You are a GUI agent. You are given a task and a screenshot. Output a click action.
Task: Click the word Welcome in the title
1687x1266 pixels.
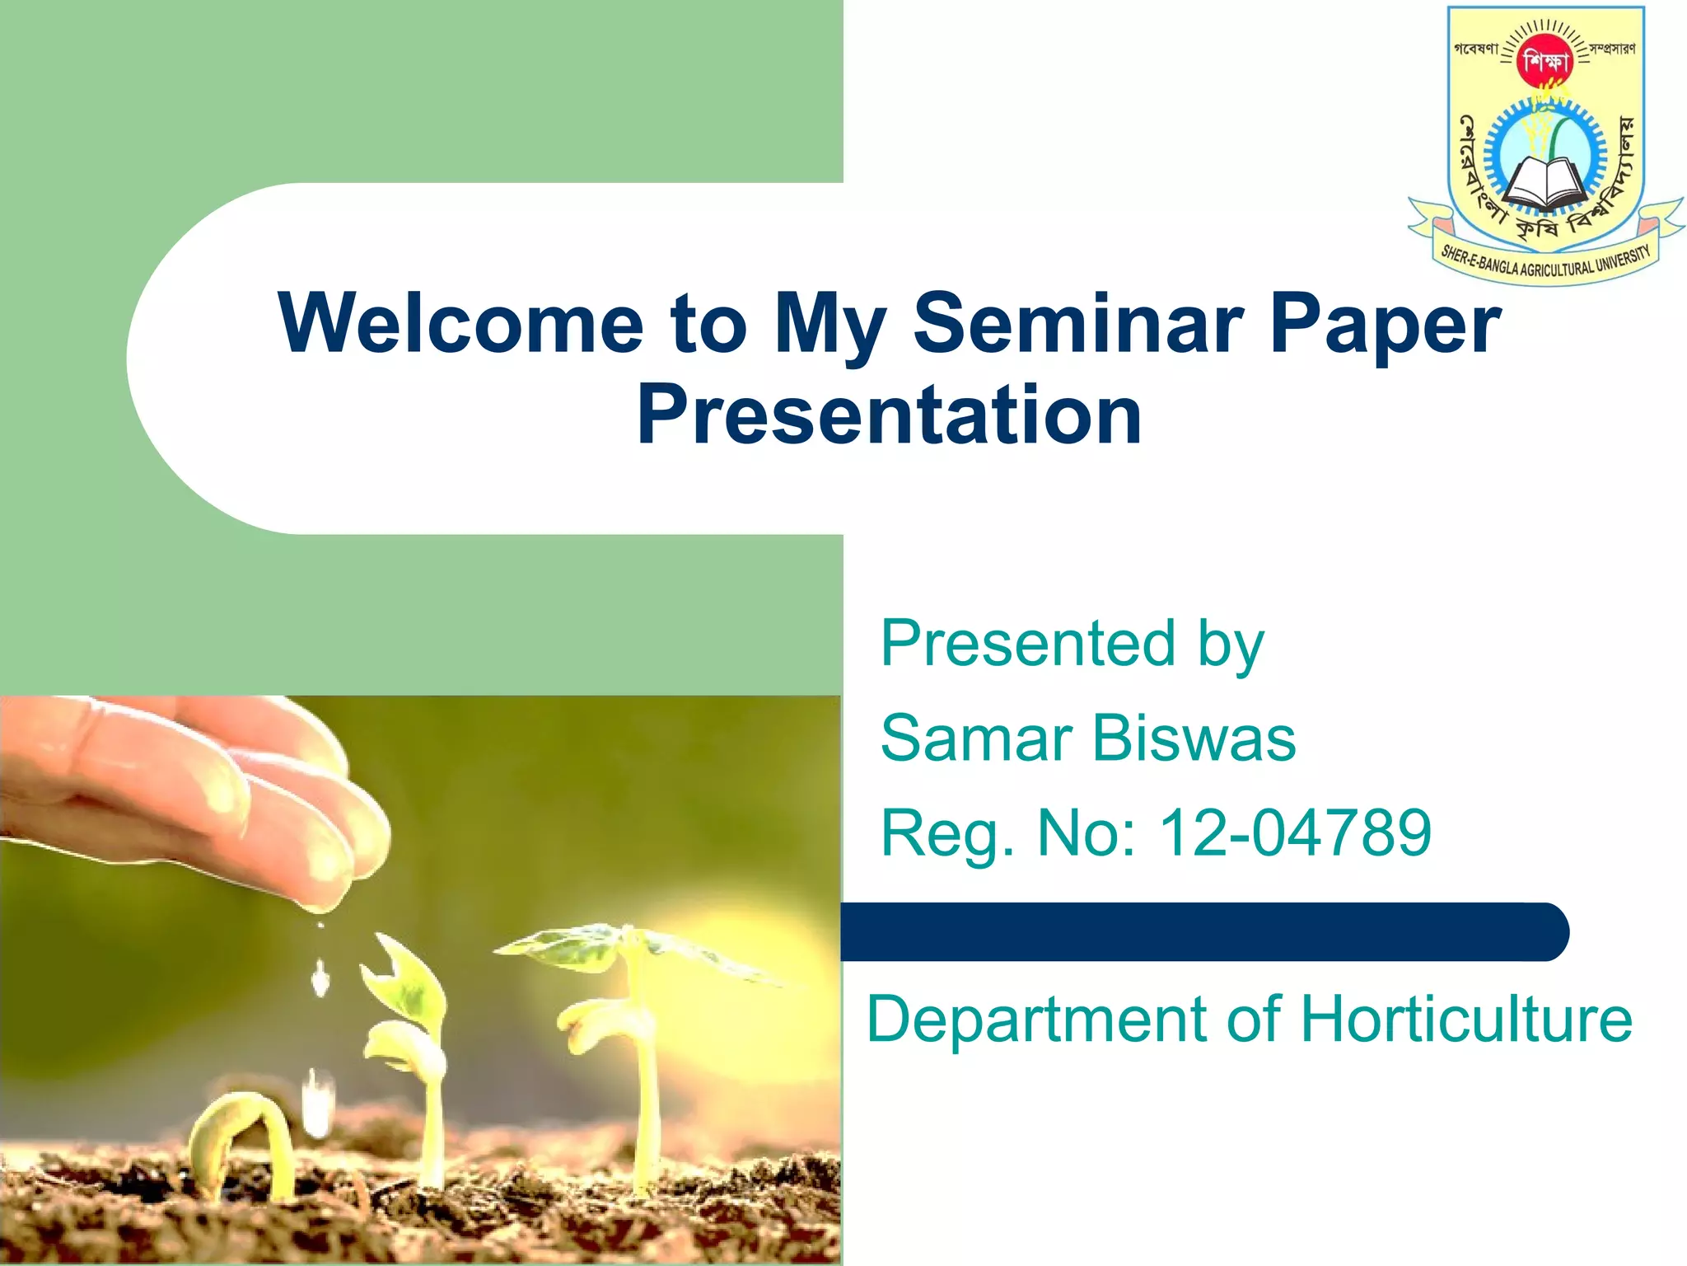pyautogui.click(x=461, y=323)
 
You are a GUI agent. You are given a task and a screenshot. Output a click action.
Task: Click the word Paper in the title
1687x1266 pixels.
pyautogui.click(x=1386, y=323)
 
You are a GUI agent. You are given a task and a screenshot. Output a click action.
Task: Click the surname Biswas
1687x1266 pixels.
pyautogui.click(x=1194, y=738)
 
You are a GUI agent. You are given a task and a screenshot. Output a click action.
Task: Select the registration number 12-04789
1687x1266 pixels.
pyautogui.click(x=1295, y=832)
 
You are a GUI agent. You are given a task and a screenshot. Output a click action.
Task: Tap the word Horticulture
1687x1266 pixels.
pyautogui.click(x=1466, y=1020)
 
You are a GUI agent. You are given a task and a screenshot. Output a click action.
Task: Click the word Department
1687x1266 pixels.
pyautogui.click(x=1035, y=1020)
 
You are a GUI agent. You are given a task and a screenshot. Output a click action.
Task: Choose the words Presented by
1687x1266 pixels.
pyautogui.click(x=1071, y=645)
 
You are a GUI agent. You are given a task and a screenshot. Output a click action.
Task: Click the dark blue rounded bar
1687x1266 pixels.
pyautogui.click(x=1203, y=932)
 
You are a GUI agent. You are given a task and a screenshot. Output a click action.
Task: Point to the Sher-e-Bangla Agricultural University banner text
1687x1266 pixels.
pyautogui.click(x=1546, y=262)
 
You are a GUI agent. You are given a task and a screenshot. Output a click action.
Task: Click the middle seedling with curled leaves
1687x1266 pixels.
pyautogui.click(x=412, y=1030)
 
